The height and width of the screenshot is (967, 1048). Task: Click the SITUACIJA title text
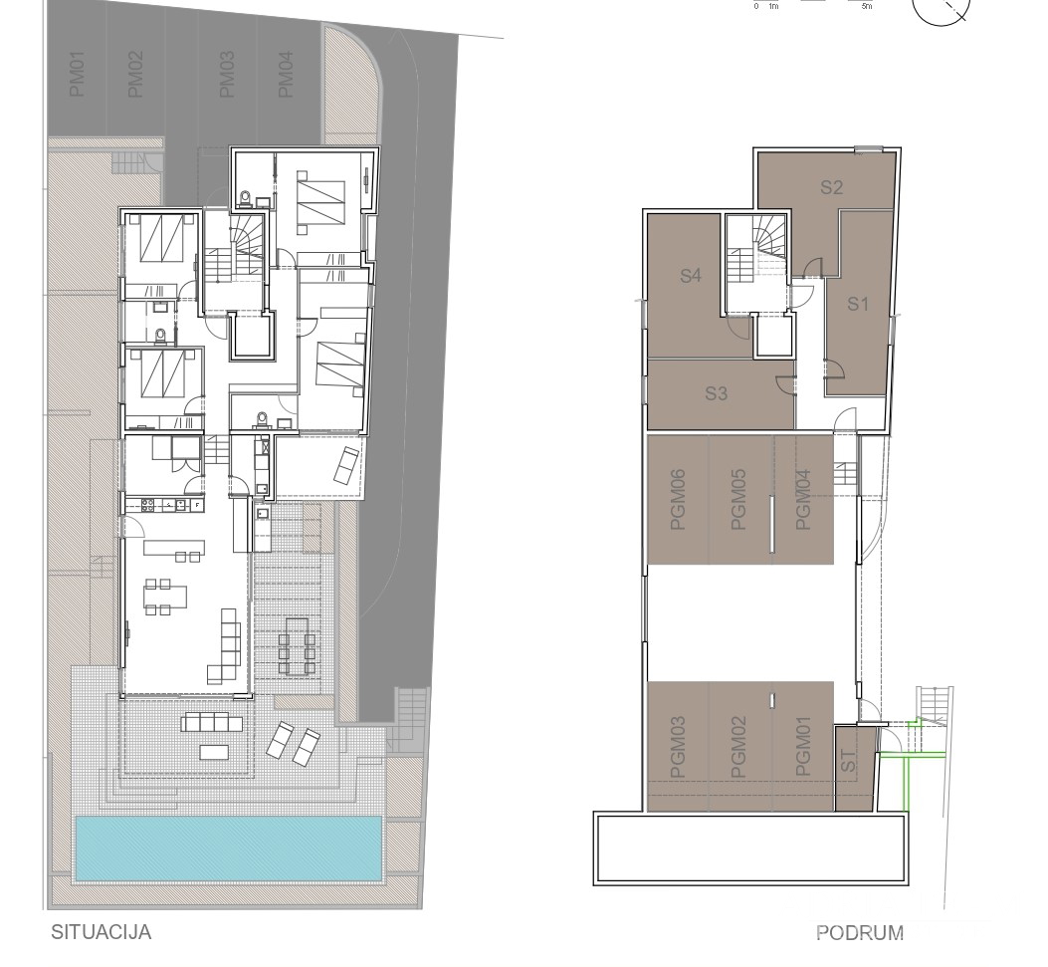click(x=101, y=932)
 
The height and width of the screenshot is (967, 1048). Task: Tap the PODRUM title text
click(x=860, y=933)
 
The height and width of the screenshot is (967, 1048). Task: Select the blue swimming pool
click(x=229, y=847)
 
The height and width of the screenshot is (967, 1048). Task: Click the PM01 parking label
click(x=78, y=76)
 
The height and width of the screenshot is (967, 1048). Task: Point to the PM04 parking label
click(x=286, y=76)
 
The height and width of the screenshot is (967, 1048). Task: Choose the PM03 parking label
click(x=226, y=76)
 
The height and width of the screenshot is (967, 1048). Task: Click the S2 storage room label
click(x=832, y=186)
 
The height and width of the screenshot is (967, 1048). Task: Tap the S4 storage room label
click(x=691, y=276)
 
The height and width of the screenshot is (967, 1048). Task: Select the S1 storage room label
click(x=858, y=305)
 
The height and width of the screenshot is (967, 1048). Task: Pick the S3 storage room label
click(x=717, y=393)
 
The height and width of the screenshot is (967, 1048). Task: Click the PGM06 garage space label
click(x=679, y=500)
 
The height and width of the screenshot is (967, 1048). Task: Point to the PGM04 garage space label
click(x=804, y=500)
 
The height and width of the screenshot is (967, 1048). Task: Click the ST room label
click(x=849, y=763)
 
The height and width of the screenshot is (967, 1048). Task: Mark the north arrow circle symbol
click(x=942, y=9)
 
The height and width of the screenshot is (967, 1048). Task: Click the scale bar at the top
click(x=811, y=3)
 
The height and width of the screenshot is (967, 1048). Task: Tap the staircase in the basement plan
click(x=756, y=249)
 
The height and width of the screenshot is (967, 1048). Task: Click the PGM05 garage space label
click(x=737, y=500)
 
